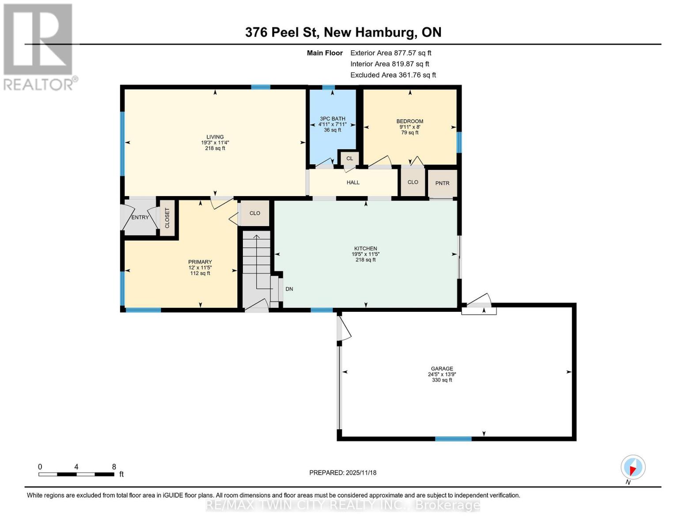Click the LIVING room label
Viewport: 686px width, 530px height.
215,137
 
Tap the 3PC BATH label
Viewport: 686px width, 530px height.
332,118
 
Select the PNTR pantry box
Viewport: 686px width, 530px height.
442,183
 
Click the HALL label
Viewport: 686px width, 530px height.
353,182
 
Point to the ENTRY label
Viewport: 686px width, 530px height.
140,217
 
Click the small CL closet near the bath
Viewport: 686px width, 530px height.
349,158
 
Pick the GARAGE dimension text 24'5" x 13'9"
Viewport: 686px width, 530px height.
442,374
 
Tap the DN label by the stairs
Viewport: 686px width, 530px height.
289,289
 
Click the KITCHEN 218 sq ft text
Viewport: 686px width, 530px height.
365,260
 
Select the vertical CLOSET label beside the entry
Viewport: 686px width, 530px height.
167,218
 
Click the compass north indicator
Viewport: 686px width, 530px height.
633,467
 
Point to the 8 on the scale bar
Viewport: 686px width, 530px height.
114,467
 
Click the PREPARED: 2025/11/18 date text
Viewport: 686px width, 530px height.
343,473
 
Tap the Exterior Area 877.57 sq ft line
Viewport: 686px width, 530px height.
390,53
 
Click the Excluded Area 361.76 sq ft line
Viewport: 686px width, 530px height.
393,75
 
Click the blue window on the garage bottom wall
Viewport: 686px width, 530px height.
453,439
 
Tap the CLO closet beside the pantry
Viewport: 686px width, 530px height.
413,182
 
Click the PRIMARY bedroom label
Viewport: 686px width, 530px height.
200,262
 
